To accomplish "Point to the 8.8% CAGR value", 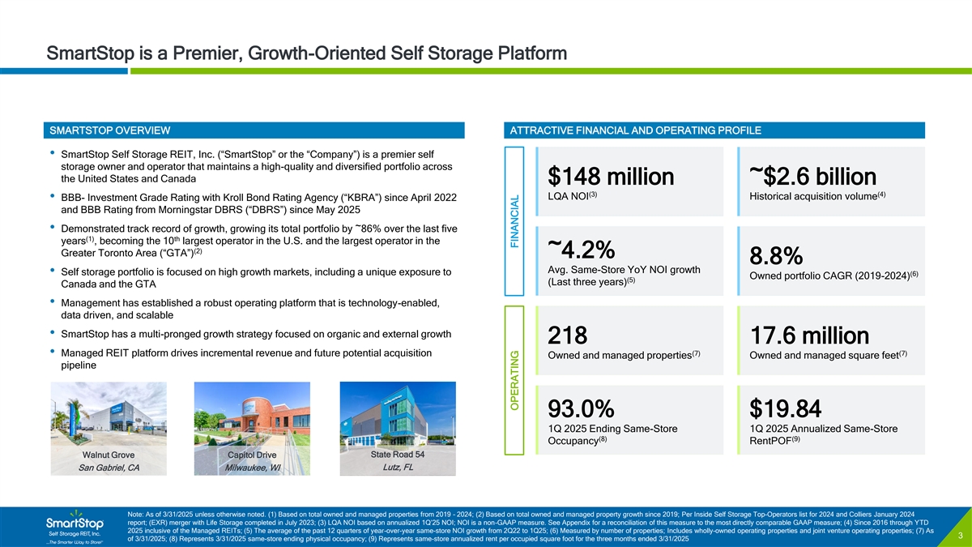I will (776, 256).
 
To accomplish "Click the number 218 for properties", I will (568, 358).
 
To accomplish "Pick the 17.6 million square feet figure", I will (809, 358).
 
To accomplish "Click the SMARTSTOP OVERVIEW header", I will (109, 130).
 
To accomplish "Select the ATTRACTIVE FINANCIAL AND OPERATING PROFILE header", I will (632, 130).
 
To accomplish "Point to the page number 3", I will (957, 535).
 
